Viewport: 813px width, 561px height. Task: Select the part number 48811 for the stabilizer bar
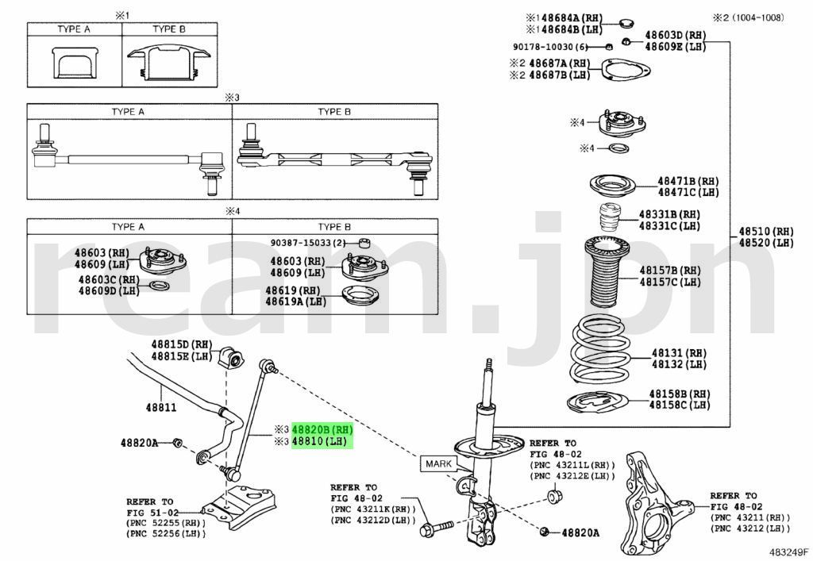click(160, 407)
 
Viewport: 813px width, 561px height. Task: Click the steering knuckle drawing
click(653, 501)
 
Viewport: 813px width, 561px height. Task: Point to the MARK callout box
click(439, 463)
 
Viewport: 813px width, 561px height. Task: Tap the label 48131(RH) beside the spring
click(678, 352)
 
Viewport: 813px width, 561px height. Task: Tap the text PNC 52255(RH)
click(164, 523)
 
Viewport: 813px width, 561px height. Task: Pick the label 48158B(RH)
click(679, 394)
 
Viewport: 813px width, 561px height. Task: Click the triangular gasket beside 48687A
click(622, 71)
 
